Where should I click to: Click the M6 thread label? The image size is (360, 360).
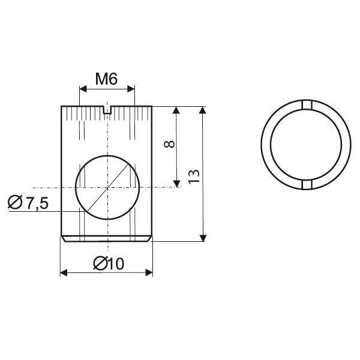(x=106, y=79)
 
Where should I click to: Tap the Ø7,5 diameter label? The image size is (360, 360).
(x=28, y=202)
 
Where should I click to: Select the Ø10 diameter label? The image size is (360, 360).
(x=109, y=263)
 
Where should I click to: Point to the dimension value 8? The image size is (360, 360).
(x=170, y=144)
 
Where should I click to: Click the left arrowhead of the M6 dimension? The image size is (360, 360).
(x=83, y=89)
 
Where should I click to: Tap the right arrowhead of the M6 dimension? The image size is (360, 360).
(x=131, y=89)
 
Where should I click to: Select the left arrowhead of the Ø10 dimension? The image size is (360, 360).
(x=64, y=273)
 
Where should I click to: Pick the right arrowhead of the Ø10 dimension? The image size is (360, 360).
(x=149, y=273)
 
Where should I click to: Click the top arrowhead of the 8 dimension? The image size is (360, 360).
(x=176, y=110)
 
